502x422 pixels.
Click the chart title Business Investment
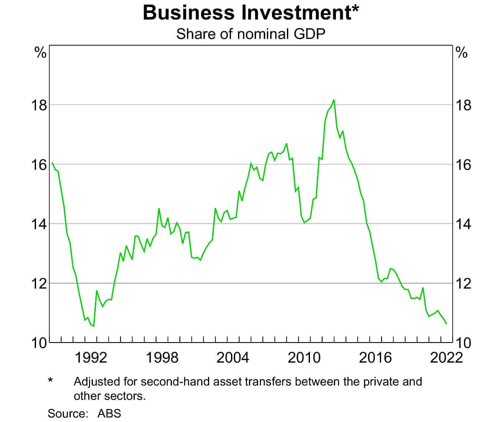click(251, 13)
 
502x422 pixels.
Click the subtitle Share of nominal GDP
click(251, 33)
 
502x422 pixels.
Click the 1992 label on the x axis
click(91, 358)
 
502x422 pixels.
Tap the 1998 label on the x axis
click(163, 358)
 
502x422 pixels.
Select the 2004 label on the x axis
click(234, 358)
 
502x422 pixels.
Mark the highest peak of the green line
click(333, 100)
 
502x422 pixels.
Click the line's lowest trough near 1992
click(93, 326)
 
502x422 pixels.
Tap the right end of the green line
click(446, 324)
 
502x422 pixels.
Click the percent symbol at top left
click(40, 53)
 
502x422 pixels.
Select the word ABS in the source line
click(109, 414)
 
